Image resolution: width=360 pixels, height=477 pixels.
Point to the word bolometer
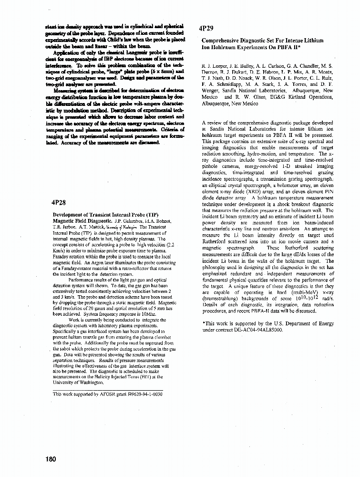(288, 184)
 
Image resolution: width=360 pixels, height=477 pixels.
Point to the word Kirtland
(298, 97)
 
